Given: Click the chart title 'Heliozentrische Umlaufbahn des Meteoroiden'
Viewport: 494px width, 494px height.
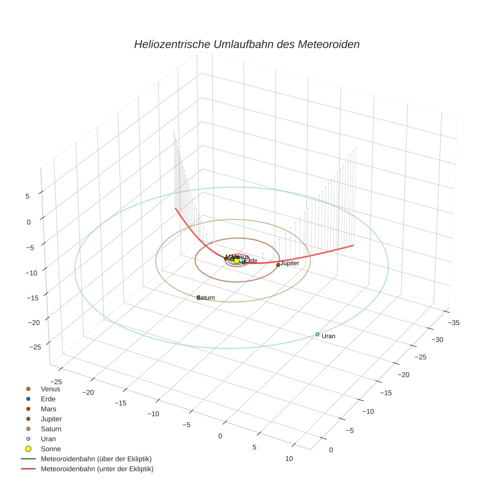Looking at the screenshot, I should point(246,44).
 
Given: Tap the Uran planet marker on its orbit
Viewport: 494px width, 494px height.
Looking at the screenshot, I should point(317,334).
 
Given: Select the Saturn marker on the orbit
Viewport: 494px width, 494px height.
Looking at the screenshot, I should point(198,298).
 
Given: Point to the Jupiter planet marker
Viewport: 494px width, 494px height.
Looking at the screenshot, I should point(278,265).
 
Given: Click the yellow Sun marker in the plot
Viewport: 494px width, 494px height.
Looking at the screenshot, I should point(237,261).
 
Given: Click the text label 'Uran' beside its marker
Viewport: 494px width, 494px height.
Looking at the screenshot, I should point(328,336).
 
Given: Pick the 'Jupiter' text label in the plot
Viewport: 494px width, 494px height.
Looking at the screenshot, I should point(290,263).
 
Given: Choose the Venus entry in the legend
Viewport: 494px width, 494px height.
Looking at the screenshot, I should point(50,389).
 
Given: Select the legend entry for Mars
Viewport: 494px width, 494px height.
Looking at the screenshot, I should point(48,409).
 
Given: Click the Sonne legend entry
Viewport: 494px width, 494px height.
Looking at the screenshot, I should point(50,449).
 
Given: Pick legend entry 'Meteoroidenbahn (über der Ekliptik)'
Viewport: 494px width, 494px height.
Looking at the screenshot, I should point(96,459).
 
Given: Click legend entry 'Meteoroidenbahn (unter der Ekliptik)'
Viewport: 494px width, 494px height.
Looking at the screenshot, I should point(97,469).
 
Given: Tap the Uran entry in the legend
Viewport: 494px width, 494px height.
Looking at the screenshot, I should point(48,439).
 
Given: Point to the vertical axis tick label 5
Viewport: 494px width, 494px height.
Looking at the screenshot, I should point(28,196).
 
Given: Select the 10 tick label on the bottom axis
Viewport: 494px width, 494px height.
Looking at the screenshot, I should point(289,458).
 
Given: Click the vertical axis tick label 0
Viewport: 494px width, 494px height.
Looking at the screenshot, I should point(28,221).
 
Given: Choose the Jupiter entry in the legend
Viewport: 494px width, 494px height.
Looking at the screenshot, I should point(51,419).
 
